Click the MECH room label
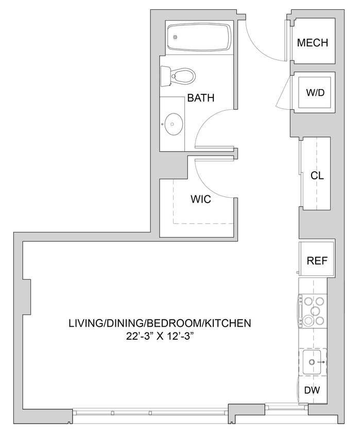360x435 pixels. point(313,43)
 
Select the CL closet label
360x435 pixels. point(317,176)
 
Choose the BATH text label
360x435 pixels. point(200,98)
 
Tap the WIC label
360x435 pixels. point(200,199)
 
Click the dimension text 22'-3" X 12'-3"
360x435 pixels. point(160,336)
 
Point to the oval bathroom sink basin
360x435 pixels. point(172,124)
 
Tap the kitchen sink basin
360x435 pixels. point(313,363)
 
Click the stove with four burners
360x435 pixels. point(313,311)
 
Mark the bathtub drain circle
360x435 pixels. point(175,37)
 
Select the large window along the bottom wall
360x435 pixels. point(149,412)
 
